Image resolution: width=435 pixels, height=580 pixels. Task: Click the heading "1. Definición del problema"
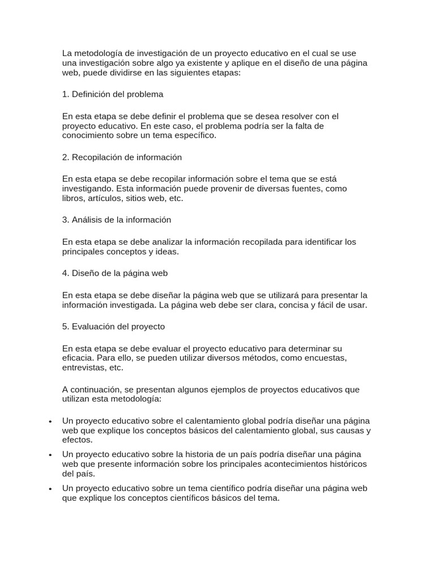pyautogui.click(x=113, y=94)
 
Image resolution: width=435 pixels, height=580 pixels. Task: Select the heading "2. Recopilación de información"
pyautogui.click(x=122, y=157)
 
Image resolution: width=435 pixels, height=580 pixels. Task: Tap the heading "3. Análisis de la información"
pyautogui.click(x=117, y=219)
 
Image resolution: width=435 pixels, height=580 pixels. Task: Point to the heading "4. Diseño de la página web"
pyautogui.click(x=115, y=273)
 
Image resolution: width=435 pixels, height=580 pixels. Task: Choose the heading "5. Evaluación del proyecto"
pyautogui.click(x=113, y=327)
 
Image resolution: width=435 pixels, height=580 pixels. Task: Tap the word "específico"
pyautogui.click(x=195, y=135)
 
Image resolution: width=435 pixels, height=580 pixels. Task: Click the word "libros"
pyautogui.click(x=73, y=198)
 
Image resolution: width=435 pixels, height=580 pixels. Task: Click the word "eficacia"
pyautogui.click(x=78, y=359)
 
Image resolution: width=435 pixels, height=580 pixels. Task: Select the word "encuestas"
pyautogui.click(x=326, y=359)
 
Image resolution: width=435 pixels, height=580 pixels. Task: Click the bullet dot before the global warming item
pyautogui.click(x=51, y=422)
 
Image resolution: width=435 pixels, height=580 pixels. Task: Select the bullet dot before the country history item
pyautogui.click(x=51, y=455)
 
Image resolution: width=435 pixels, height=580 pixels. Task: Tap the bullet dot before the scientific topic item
pyautogui.click(x=51, y=488)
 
